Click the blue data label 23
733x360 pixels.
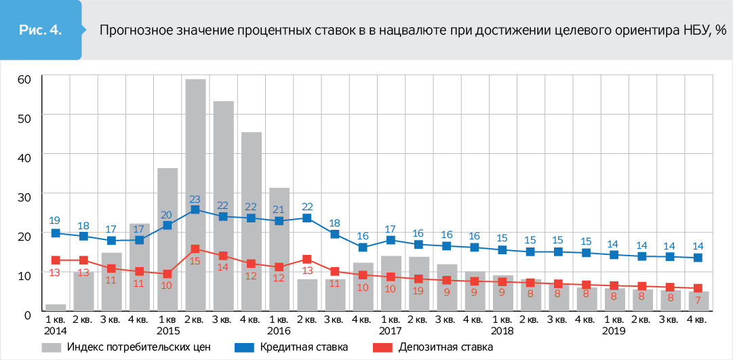pos(195,199)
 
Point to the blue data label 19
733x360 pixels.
pos(56,220)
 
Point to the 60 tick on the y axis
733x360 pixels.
pos(24,79)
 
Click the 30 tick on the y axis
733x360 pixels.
pos(24,196)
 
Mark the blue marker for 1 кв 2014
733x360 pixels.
pos(56,233)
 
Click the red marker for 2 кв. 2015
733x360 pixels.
pos(195,249)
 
